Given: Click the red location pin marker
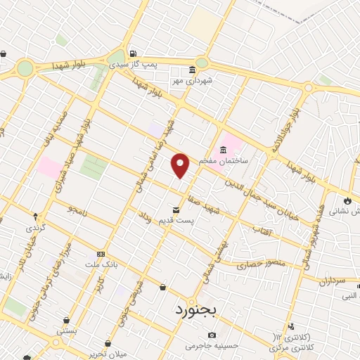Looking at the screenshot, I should [x=181, y=165].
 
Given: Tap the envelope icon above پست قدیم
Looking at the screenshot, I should [x=176, y=209].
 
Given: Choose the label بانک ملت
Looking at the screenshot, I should [x=101, y=264].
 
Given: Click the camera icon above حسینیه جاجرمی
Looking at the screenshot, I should [x=212, y=335].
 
